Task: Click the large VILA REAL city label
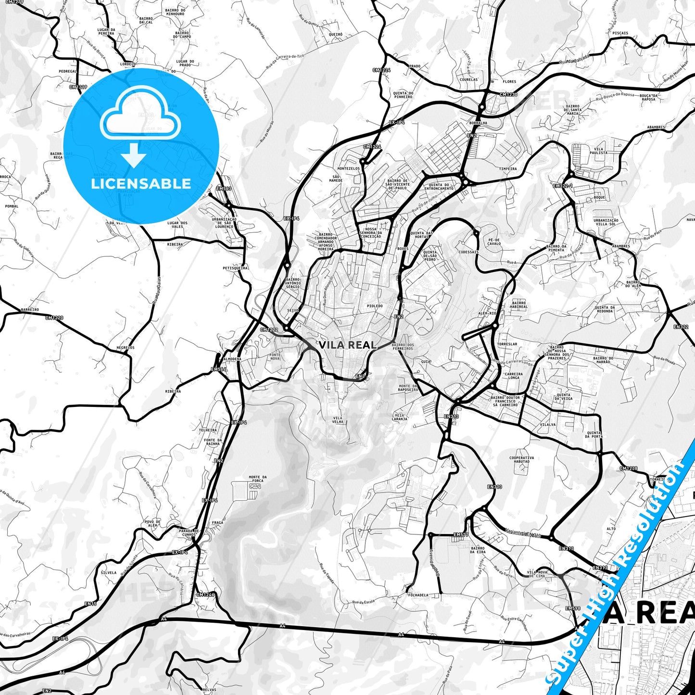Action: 347,345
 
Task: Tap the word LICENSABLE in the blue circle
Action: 141,183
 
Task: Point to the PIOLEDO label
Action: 375,306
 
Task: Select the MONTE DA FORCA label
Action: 258,479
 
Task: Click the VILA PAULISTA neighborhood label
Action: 599,151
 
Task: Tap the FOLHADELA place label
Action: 417,595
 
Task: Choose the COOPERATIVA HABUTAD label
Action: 521,459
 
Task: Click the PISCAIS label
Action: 620,33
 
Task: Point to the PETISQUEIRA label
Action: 235,268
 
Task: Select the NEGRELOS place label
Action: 126,347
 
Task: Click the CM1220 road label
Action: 54,317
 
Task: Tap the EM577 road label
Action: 461,534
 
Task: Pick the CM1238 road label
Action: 628,468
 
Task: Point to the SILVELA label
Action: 109,573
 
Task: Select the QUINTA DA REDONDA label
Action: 605,309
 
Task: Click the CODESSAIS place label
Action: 468,252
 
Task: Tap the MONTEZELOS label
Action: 348,169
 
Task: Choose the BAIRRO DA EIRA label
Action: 478,550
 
